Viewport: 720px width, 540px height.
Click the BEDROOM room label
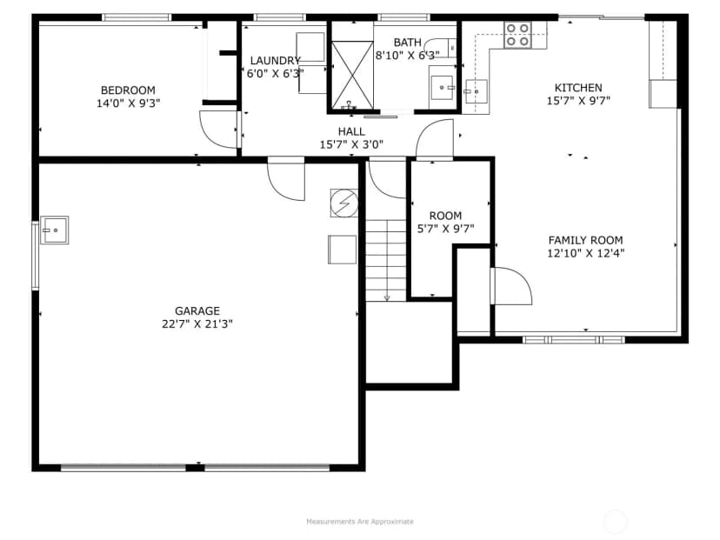coord(128,90)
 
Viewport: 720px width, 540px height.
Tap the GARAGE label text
coord(197,310)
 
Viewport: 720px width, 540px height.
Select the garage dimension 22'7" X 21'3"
coord(197,324)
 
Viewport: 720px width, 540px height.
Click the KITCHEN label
coord(578,88)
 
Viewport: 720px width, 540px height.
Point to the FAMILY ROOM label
coord(585,240)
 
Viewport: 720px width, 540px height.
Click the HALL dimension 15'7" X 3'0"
coord(351,144)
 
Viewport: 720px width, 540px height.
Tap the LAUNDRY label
coord(275,61)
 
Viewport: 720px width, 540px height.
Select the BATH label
coord(407,43)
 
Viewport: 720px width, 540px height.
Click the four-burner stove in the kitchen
coord(518,35)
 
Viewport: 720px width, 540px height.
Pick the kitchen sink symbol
coord(476,91)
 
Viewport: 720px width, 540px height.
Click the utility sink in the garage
coord(55,230)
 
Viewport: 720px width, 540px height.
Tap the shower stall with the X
coord(352,75)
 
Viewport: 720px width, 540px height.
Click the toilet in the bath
coord(440,48)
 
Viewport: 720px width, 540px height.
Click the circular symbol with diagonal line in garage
coord(344,203)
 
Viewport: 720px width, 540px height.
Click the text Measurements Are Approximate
coord(360,522)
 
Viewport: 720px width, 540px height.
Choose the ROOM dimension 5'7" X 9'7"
coord(445,229)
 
